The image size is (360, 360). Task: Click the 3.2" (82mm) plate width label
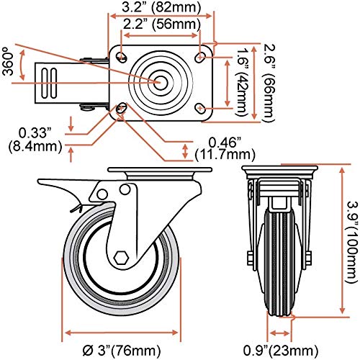[x=161, y=7]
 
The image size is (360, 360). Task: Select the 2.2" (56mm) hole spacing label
[x=162, y=24]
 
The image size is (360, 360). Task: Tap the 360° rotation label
[x=8, y=61]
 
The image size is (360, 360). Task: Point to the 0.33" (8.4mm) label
[x=35, y=140]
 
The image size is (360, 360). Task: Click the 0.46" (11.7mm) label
[x=225, y=149]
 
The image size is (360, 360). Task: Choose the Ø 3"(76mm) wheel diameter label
[x=122, y=351]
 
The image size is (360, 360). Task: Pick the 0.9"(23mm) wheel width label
[x=281, y=351]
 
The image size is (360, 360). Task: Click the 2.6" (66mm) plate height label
[x=268, y=83]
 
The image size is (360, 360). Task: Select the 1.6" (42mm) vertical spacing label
[x=242, y=82]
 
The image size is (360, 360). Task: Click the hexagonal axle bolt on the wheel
[x=121, y=258]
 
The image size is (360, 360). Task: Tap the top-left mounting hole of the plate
[x=122, y=57]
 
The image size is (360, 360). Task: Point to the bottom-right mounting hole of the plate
[x=200, y=109]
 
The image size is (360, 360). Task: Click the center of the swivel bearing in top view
[x=158, y=82]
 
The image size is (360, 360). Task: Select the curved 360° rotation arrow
[x=22, y=65]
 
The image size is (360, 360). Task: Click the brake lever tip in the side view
[x=38, y=181]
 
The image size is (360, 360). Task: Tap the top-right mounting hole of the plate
[x=200, y=57]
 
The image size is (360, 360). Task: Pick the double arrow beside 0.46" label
[x=185, y=151]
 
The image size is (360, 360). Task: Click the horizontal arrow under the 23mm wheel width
[x=279, y=333]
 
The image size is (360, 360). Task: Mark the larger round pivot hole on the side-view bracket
[x=125, y=189]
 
